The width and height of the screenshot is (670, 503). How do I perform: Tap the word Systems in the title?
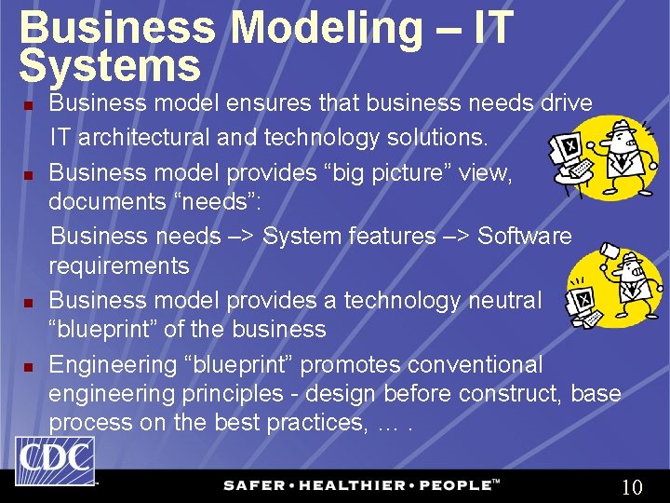tap(110, 65)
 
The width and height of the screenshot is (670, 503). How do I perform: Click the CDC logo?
tap(55, 460)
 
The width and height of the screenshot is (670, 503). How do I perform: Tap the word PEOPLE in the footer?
tap(453, 485)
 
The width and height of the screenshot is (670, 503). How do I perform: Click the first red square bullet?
tap(29, 104)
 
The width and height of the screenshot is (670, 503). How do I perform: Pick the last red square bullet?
tap(29, 366)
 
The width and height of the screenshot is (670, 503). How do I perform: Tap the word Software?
tap(525, 236)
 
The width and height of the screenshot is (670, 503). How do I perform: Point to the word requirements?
tap(118, 265)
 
